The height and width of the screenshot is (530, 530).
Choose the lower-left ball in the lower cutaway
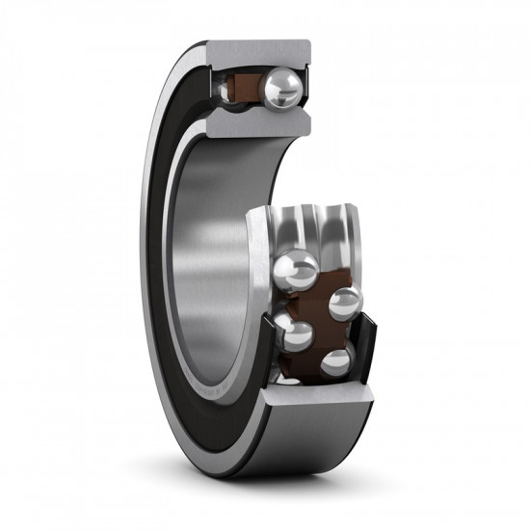click(x=297, y=336)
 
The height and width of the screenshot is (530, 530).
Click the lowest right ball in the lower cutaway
click(x=336, y=362)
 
